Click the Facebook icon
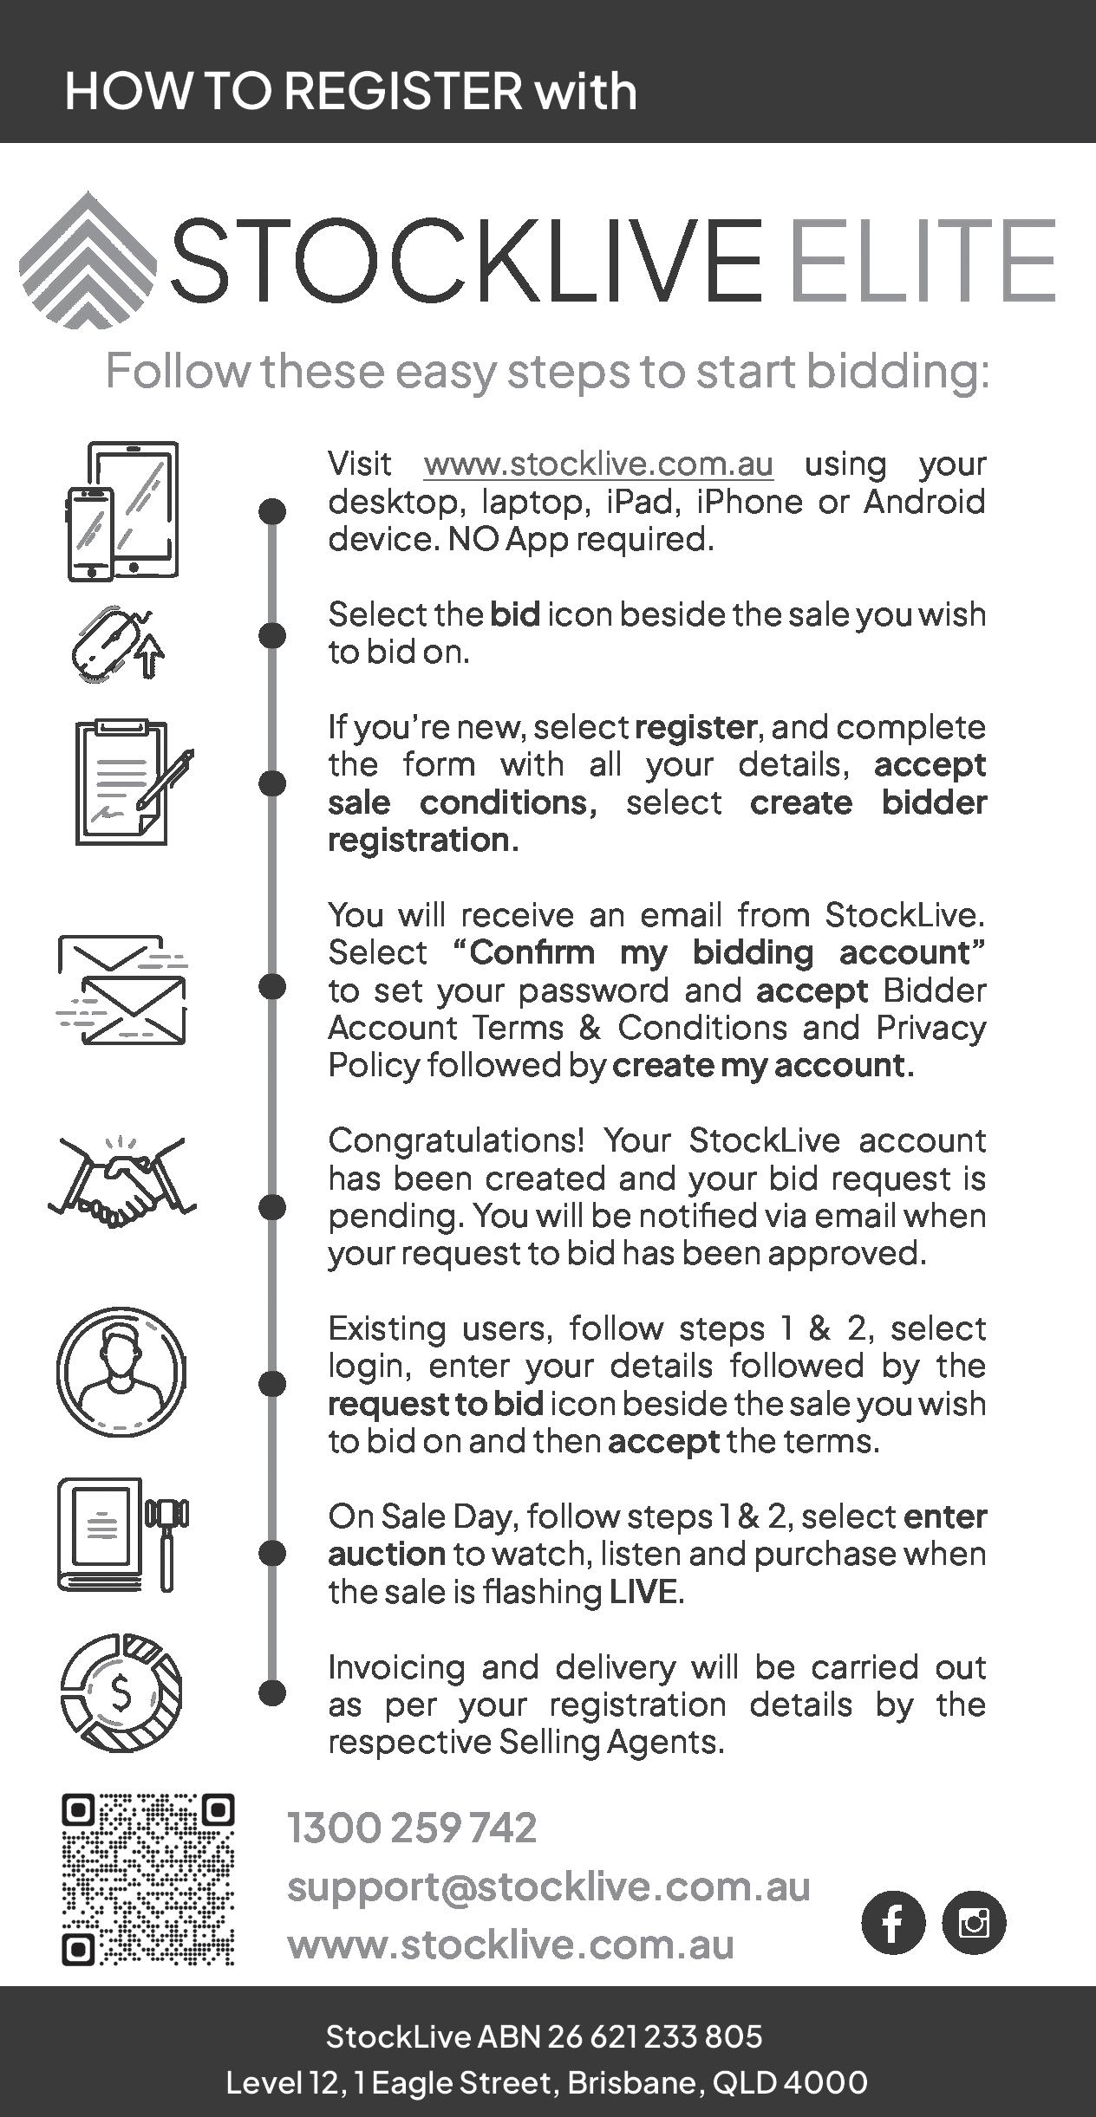click(x=893, y=1922)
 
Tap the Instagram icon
click(x=974, y=1922)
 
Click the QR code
click(x=148, y=1879)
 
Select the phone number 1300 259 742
click(x=412, y=1828)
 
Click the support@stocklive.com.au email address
click(x=549, y=1886)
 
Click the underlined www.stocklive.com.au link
click(x=598, y=464)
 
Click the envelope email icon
click(x=122, y=990)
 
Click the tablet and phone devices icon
click(x=122, y=510)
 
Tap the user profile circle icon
click(x=121, y=1371)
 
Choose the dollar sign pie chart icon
click(x=121, y=1692)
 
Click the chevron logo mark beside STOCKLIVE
click(x=87, y=260)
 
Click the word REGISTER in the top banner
click(x=403, y=91)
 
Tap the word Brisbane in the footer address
click(x=635, y=2082)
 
